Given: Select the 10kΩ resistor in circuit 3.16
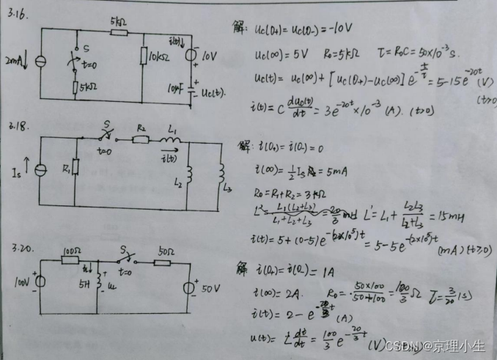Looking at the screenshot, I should (x=144, y=56).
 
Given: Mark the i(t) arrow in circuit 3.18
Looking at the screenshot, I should (x=169, y=156).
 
